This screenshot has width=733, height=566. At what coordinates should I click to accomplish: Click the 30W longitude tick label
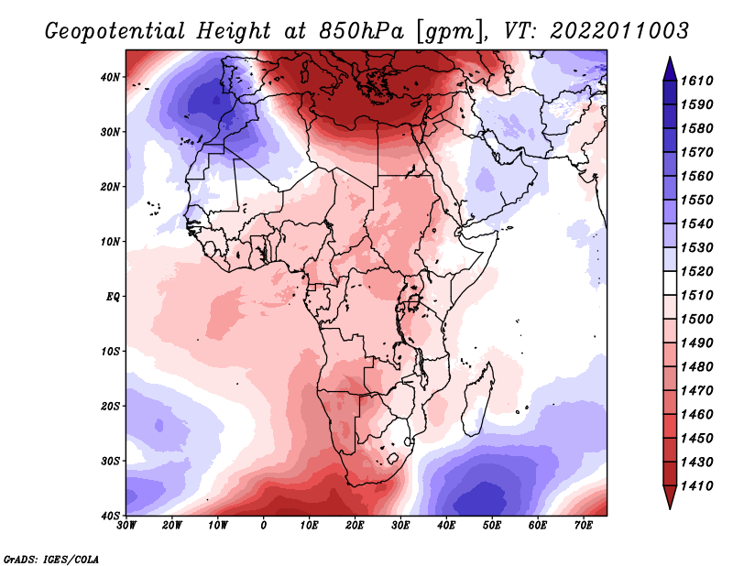click(127, 525)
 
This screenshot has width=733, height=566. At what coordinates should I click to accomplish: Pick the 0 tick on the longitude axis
click(264, 525)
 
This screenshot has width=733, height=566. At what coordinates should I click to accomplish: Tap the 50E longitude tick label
click(492, 525)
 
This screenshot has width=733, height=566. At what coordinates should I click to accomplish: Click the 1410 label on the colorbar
click(704, 486)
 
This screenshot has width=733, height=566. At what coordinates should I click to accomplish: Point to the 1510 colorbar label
click(704, 295)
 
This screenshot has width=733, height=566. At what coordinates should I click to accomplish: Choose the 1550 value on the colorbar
click(704, 200)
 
